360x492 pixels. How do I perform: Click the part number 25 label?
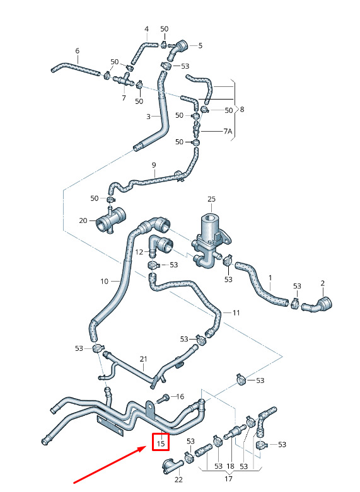click(211, 199)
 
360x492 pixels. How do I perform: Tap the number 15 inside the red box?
click(161, 443)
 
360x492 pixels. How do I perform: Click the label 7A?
click(228, 131)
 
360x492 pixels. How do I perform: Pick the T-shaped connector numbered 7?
click(124, 80)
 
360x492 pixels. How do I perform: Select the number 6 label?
click(78, 50)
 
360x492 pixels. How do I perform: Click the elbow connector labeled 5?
click(178, 50)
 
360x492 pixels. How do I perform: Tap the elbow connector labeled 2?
click(317, 305)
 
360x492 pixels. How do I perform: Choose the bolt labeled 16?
click(164, 399)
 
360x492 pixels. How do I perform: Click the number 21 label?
click(143, 358)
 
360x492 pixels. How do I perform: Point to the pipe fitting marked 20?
click(111, 219)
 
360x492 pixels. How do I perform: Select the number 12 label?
click(139, 251)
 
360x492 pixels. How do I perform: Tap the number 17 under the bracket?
click(228, 479)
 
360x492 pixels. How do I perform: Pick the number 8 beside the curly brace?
click(241, 109)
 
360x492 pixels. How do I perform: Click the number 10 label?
click(104, 281)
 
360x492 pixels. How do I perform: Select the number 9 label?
click(154, 164)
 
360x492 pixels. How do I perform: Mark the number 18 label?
click(231, 466)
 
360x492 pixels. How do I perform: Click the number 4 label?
click(146, 29)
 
